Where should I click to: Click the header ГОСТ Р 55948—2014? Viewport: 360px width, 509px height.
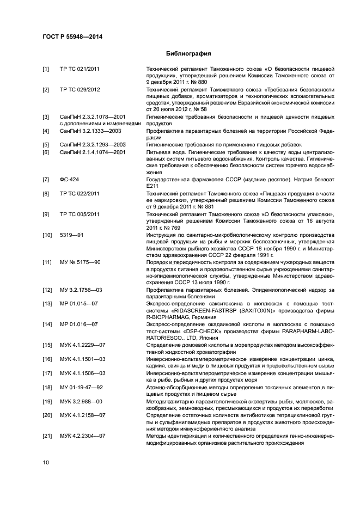click(72, 36)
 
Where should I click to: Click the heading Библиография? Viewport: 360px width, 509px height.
click(188, 54)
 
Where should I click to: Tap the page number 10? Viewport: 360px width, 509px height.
click(46, 462)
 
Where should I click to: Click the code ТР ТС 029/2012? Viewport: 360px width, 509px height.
click(80, 89)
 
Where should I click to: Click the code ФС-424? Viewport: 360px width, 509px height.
click(70, 179)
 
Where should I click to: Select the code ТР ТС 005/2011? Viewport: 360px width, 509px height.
click(80, 214)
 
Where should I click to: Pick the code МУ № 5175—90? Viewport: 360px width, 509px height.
click(80, 262)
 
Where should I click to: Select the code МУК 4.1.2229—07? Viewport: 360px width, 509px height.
click(82, 345)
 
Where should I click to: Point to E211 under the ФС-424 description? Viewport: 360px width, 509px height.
click(152, 186)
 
